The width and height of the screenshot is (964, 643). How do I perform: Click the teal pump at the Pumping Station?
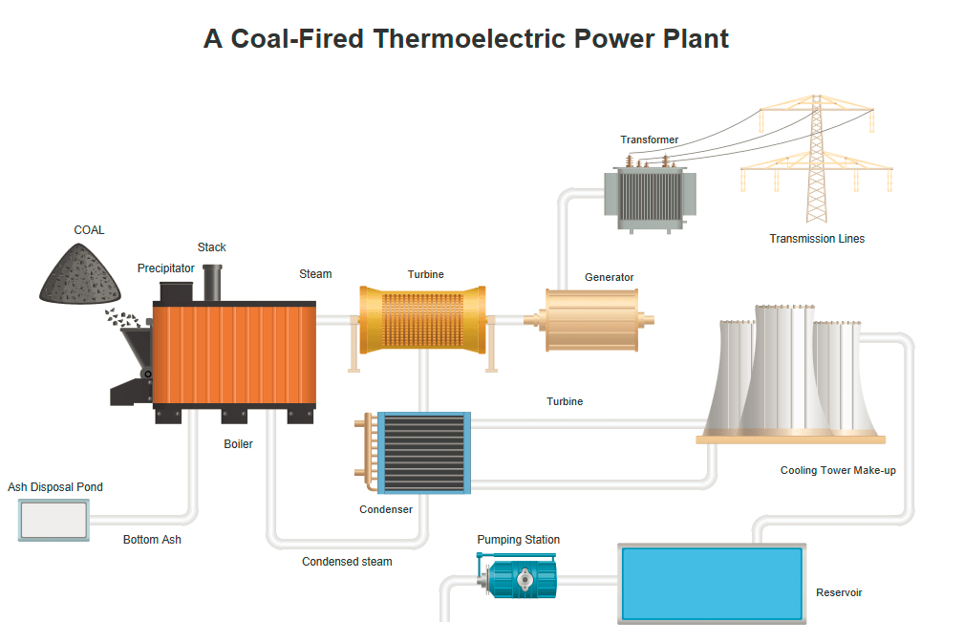point(522,577)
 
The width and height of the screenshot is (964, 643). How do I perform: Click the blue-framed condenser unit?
point(424,452)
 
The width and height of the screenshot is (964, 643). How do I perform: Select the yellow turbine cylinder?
point(423,319)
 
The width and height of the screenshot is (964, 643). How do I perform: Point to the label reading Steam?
point(315,274)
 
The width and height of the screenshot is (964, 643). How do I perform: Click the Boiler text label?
point(238,444)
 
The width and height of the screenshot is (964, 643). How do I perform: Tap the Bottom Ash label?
point(152,540)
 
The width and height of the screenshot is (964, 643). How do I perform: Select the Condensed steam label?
point(347,562)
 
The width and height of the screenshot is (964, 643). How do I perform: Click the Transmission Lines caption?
point(817,239)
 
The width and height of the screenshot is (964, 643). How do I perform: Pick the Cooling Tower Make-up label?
point(838,470)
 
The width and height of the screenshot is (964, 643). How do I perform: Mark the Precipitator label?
point(165,268)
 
